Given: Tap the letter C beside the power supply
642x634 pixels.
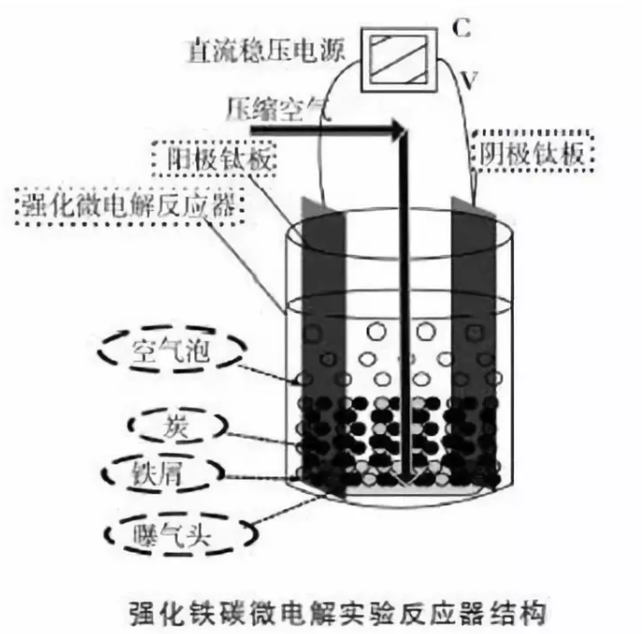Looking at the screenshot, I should click(461, 29).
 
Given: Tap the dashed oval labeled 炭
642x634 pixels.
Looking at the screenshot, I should click(176, 427).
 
